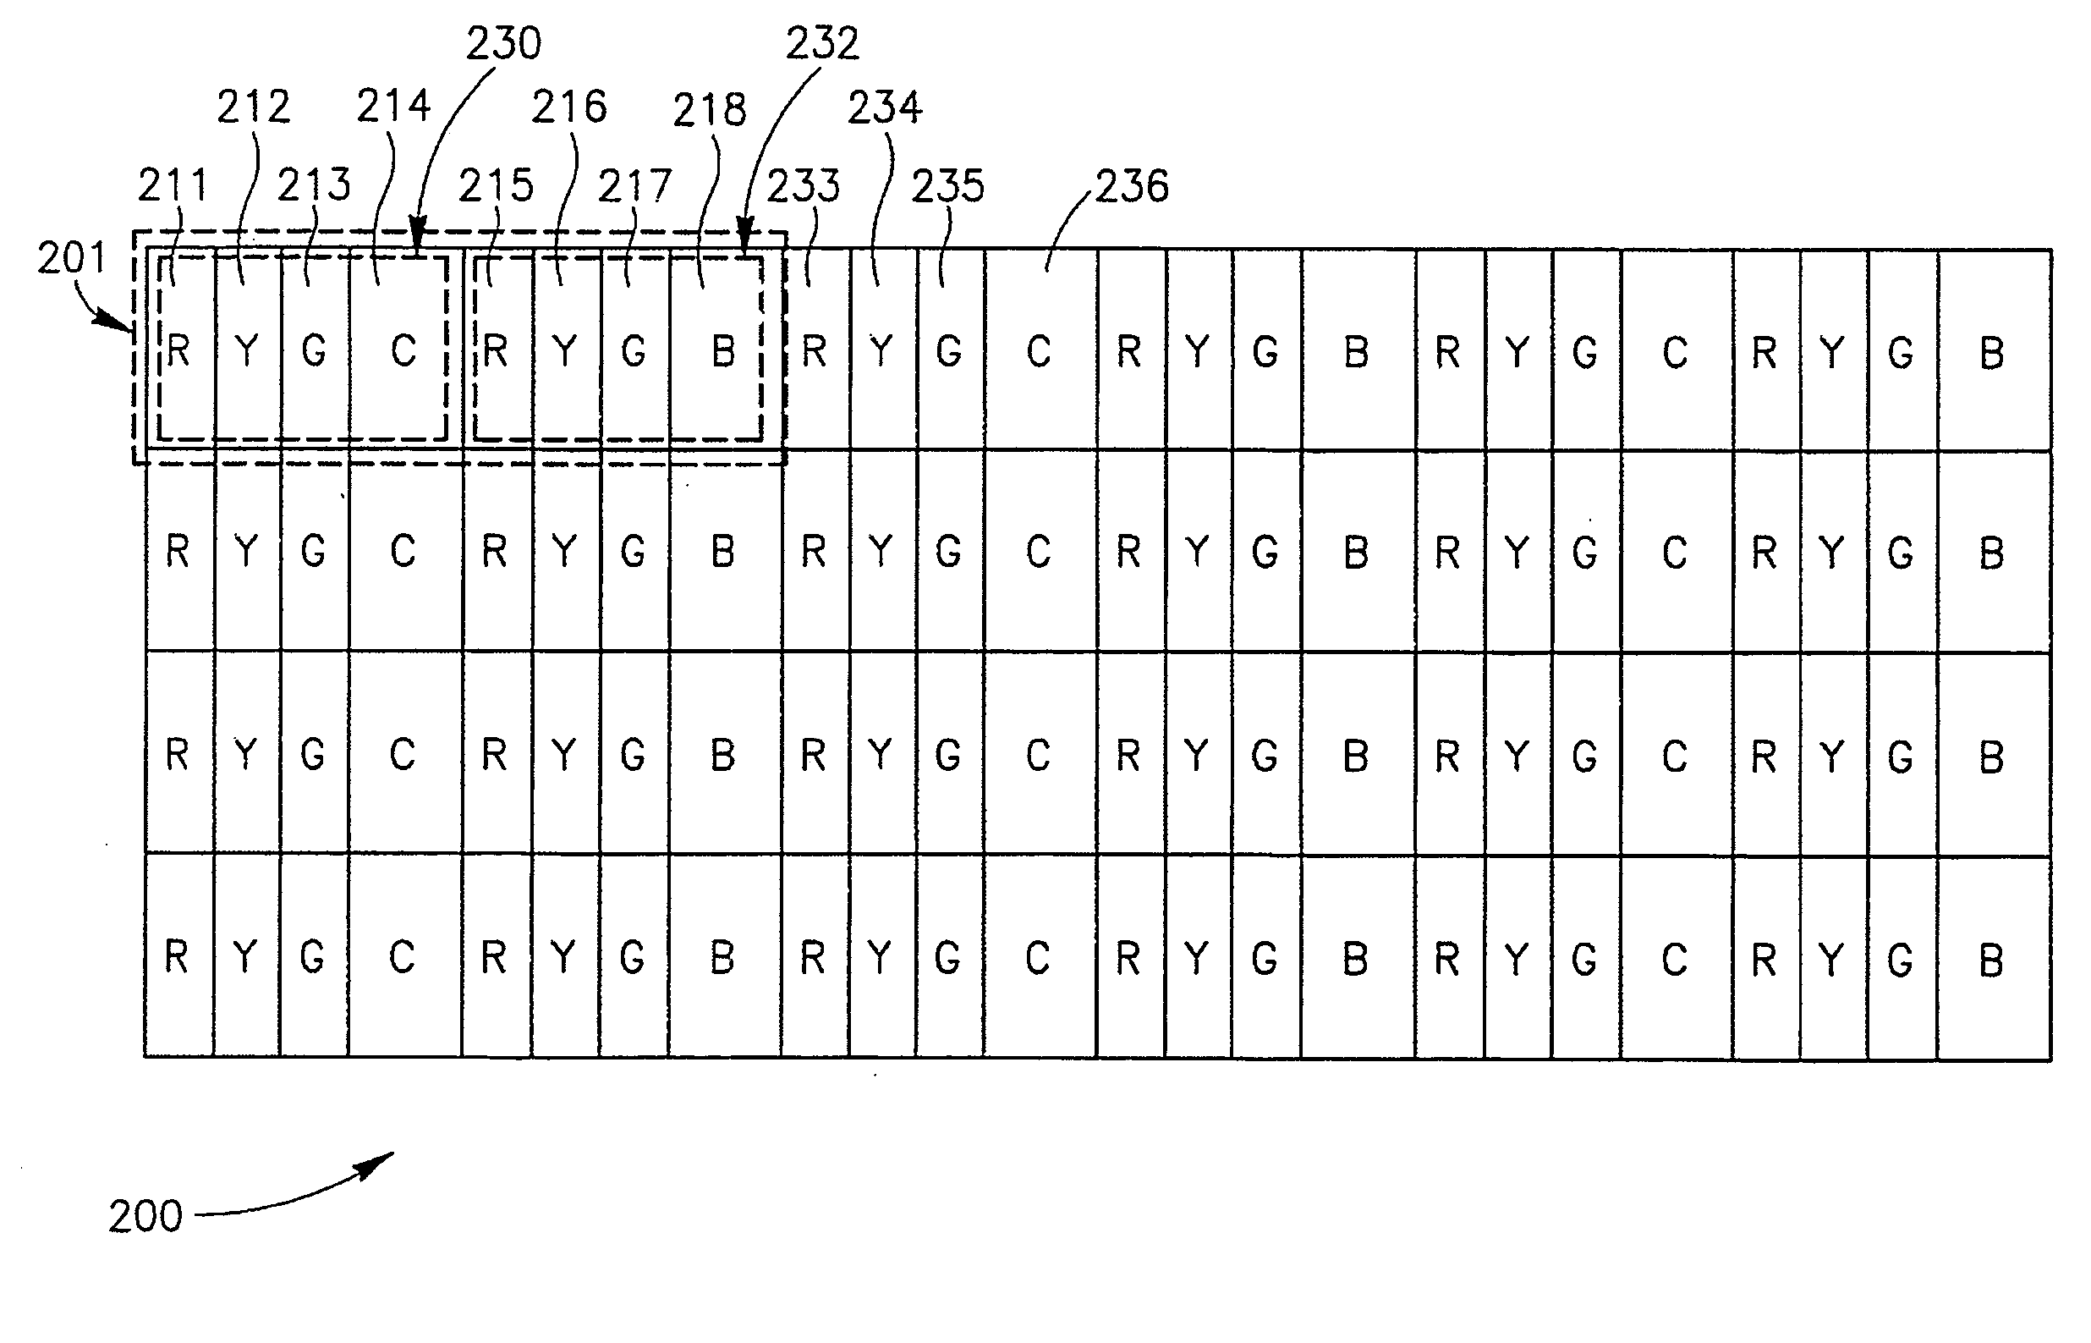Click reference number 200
point(145,1216)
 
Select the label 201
point(71,258)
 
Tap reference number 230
point(504,44)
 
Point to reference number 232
point(822,44)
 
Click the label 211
point(173,186)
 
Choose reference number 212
point(253,107)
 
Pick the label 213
point(314,186)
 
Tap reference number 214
point(393,107)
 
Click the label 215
point(496,186)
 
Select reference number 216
point(569,107)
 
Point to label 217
point(634,187)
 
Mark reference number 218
point(710,110)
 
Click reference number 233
point(803,187)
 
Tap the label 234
point(884,108)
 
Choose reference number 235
point(947,187)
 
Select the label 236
point(1131,187)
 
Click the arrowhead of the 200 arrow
point(383,1160)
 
